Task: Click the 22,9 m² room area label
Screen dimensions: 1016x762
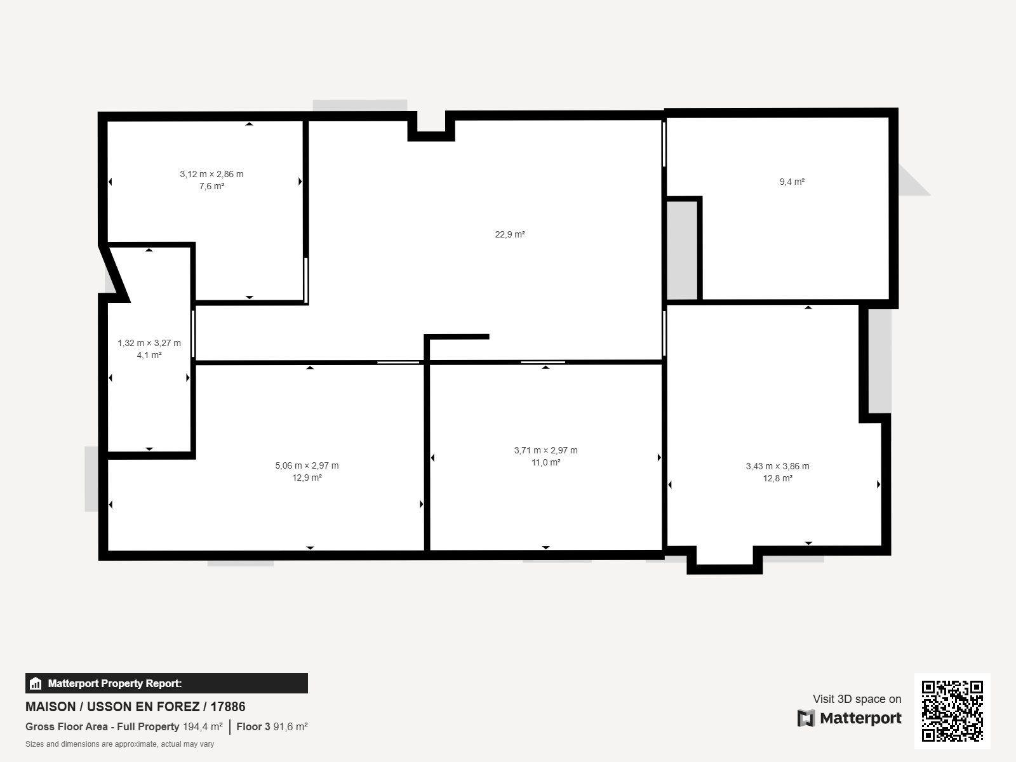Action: [510, 234]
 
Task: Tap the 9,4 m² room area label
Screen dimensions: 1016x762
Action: [792, 182]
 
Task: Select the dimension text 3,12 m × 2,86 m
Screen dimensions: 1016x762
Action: [211, 174]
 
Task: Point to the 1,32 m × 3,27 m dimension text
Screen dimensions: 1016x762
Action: [149, 343]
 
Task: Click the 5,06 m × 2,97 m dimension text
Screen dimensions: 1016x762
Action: [307, 465]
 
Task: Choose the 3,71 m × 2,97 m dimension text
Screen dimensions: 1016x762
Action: [545, 450]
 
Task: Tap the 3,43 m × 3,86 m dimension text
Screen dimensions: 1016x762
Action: [778, 466]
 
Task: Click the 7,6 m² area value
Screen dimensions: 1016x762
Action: [211, 186]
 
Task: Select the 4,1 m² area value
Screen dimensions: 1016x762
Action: [149, 355]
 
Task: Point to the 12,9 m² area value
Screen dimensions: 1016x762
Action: [307, 478]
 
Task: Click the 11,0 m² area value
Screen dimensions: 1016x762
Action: [545, 462]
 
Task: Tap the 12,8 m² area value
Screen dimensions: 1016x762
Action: [778, 478]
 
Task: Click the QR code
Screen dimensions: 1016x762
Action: [952, 711]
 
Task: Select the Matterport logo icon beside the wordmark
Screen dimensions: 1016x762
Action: [806, 718]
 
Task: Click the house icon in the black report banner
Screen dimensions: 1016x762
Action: [36, 683]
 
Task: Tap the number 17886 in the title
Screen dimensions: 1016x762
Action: [228, 707]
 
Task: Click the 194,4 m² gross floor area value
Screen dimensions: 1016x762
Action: [203, 726]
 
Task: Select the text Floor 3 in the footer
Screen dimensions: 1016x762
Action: [253, 726]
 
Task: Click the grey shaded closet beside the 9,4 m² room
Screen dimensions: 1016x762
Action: [682, 250]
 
